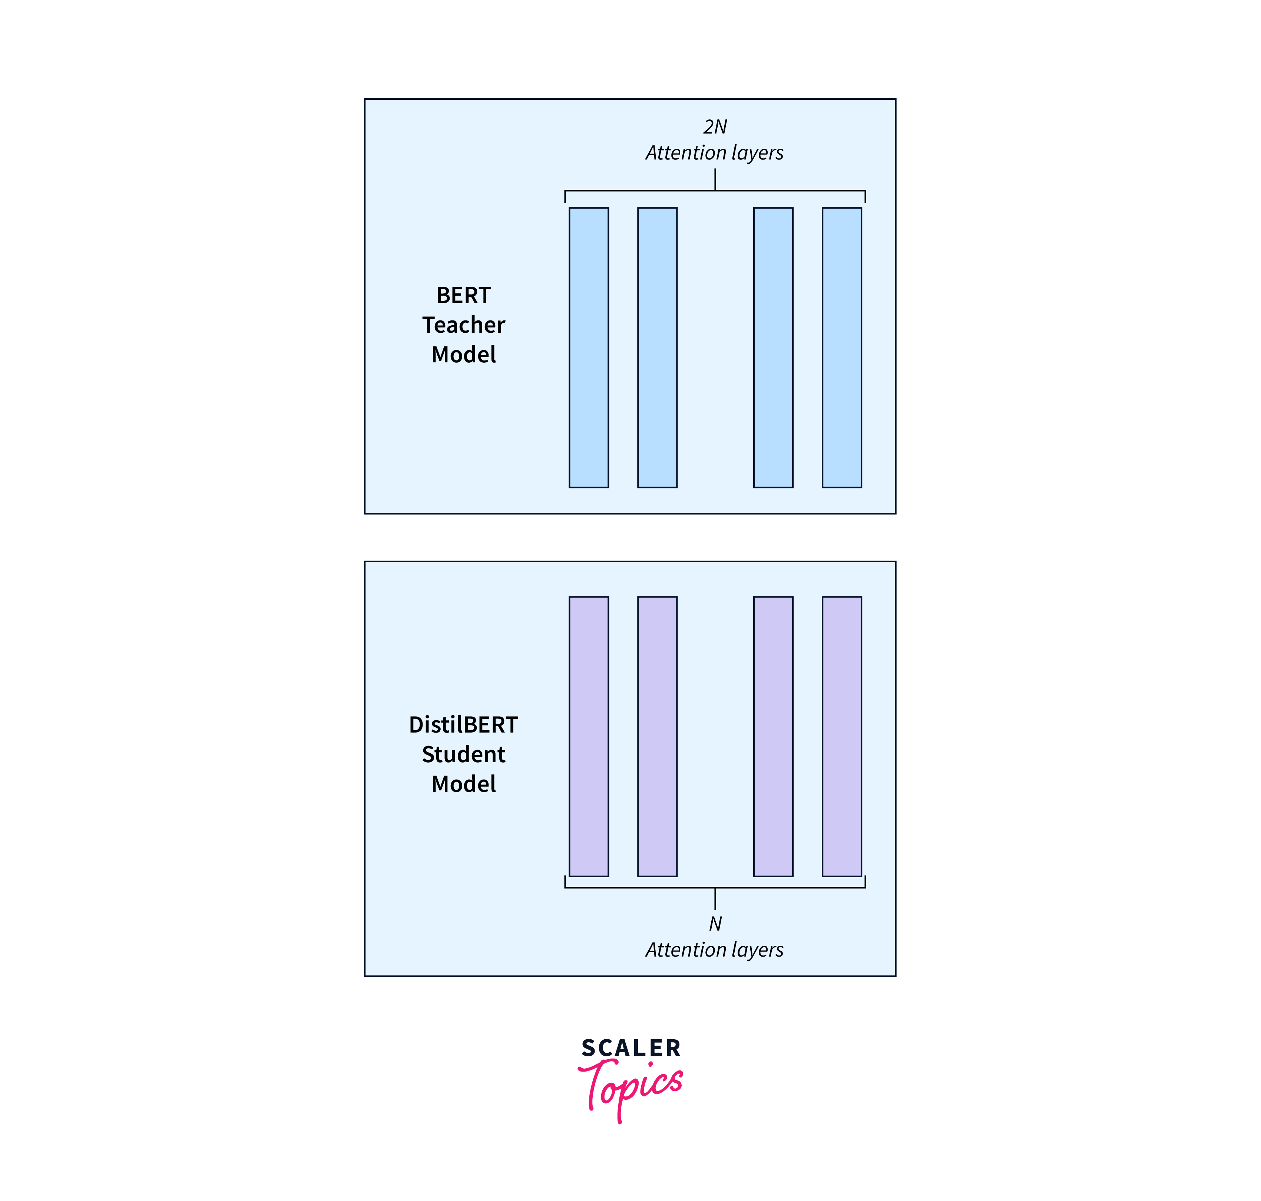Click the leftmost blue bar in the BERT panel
pyautogui.click(x=589, y=348)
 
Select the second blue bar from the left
pyautogui.click(x=657, y=348)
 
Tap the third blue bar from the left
pyautogui.click(x=773, y=348)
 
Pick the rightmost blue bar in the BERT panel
pyautogui.click(x=841, y=348)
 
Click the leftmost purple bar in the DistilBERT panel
pyautogui.click(x=589, y=736)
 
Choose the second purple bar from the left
pyautogui.click(x=657, y=736)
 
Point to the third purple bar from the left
pyautogui.click(x=773, y=736)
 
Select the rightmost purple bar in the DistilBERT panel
pyautogui.click(x=841, y=736)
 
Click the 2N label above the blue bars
pyautogui.click(x=715, y=127)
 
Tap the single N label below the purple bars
pyautogui.click(x=715, y=924)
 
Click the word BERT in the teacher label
pyautogui.click(x=463, y=295)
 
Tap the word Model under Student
pyautogui.click(x=463, y=784)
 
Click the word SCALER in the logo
pyautogui.click(x=631, y=1048)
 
